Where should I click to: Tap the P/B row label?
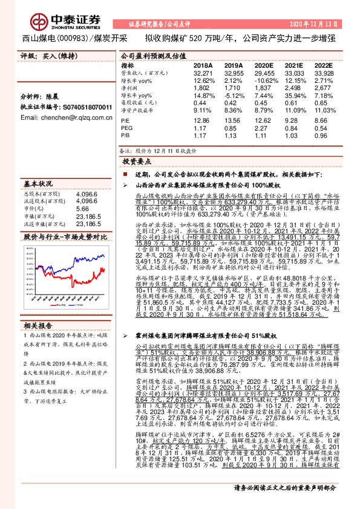click(x=125, y=135)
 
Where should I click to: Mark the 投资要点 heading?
click(x=136, y=163)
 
